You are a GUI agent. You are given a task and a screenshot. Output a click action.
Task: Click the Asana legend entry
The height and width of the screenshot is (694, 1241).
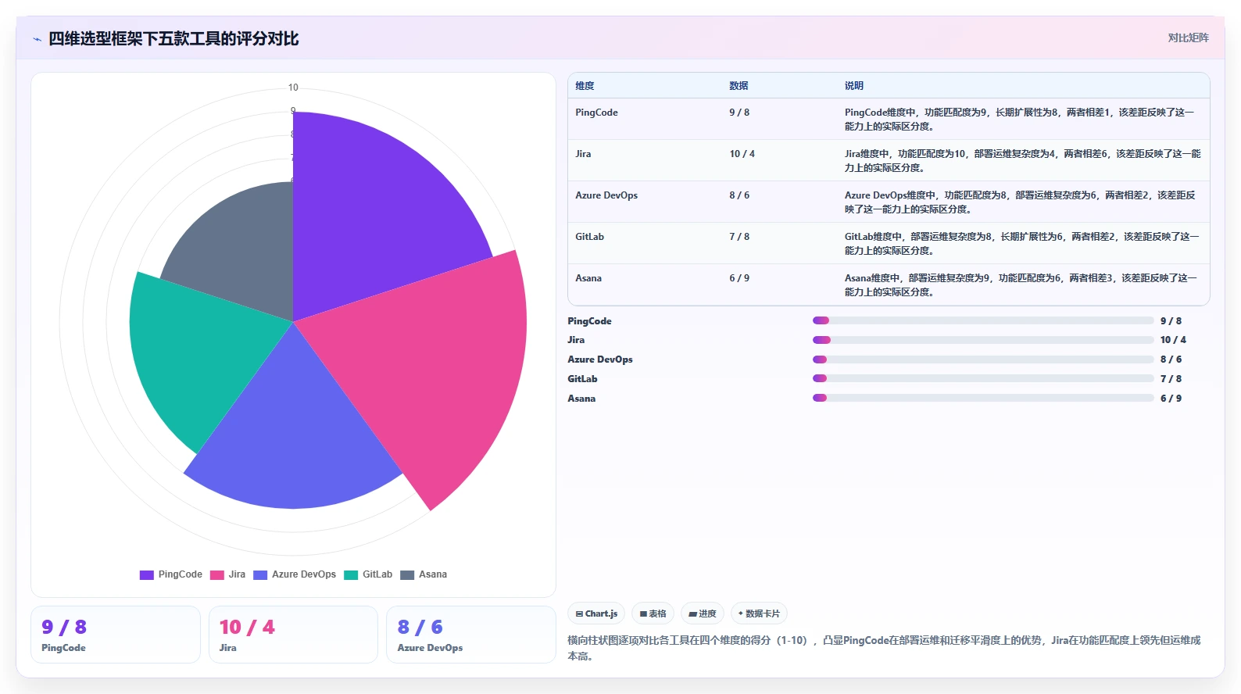point(424,574)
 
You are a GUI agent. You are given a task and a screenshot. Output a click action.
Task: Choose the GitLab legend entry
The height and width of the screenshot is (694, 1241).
point(368,574)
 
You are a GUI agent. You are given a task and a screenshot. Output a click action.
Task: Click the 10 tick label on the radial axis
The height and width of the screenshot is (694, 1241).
point(293,87)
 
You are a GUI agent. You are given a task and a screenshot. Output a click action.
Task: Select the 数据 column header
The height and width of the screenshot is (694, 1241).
point(739,86)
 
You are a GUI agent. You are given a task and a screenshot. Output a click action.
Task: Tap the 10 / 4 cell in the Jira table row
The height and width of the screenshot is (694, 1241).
point(742,154)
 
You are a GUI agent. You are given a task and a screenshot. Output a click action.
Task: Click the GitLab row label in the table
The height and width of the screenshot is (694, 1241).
point(589,237)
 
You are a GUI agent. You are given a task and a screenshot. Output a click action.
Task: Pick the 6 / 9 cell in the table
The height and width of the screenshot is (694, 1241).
point(739,278)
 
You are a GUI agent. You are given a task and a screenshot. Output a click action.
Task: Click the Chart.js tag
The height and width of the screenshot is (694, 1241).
point(596,614)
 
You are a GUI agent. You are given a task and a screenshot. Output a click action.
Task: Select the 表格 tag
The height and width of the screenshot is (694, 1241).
point(653,614)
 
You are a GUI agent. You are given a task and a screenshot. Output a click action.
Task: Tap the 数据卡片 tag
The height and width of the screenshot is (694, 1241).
point(759,614)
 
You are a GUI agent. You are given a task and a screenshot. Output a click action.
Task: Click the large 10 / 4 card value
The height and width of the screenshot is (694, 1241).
point(247,627)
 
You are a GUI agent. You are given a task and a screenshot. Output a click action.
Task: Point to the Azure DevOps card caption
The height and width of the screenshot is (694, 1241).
point(430,647)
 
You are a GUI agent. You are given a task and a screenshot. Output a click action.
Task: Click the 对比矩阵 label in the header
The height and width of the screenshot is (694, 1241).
point(1189,38)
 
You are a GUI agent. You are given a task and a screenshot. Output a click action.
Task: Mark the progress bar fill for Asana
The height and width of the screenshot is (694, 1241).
point(820,398)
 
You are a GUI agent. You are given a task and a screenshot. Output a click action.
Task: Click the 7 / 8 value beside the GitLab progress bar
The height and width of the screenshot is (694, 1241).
point(1171,379)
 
